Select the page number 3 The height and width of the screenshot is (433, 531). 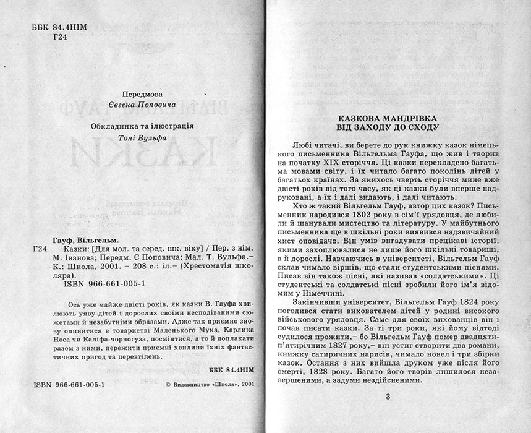click(x=388, y=396)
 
